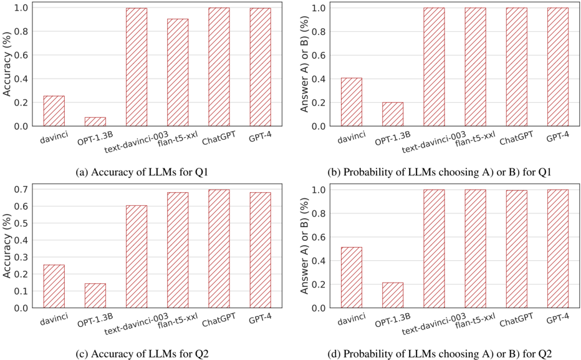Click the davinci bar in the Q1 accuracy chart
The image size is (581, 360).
(x=54, y=111)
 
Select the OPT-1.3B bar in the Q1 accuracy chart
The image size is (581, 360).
(x=95, y=122)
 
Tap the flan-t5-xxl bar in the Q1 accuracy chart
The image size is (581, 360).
(x=178, y=72)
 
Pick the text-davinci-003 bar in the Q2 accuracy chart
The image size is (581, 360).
(x=137, y=256)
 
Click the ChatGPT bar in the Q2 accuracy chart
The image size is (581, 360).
(x=219, y=248)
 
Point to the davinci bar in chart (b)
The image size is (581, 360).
(x=351, y=102)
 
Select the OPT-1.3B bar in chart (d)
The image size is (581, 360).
(x=393, y=295)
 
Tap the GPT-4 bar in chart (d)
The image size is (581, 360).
(x=558, y=248)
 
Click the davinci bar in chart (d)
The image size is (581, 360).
(x=351, y=278)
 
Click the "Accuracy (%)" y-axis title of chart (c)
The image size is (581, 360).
(x=7, y=248)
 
